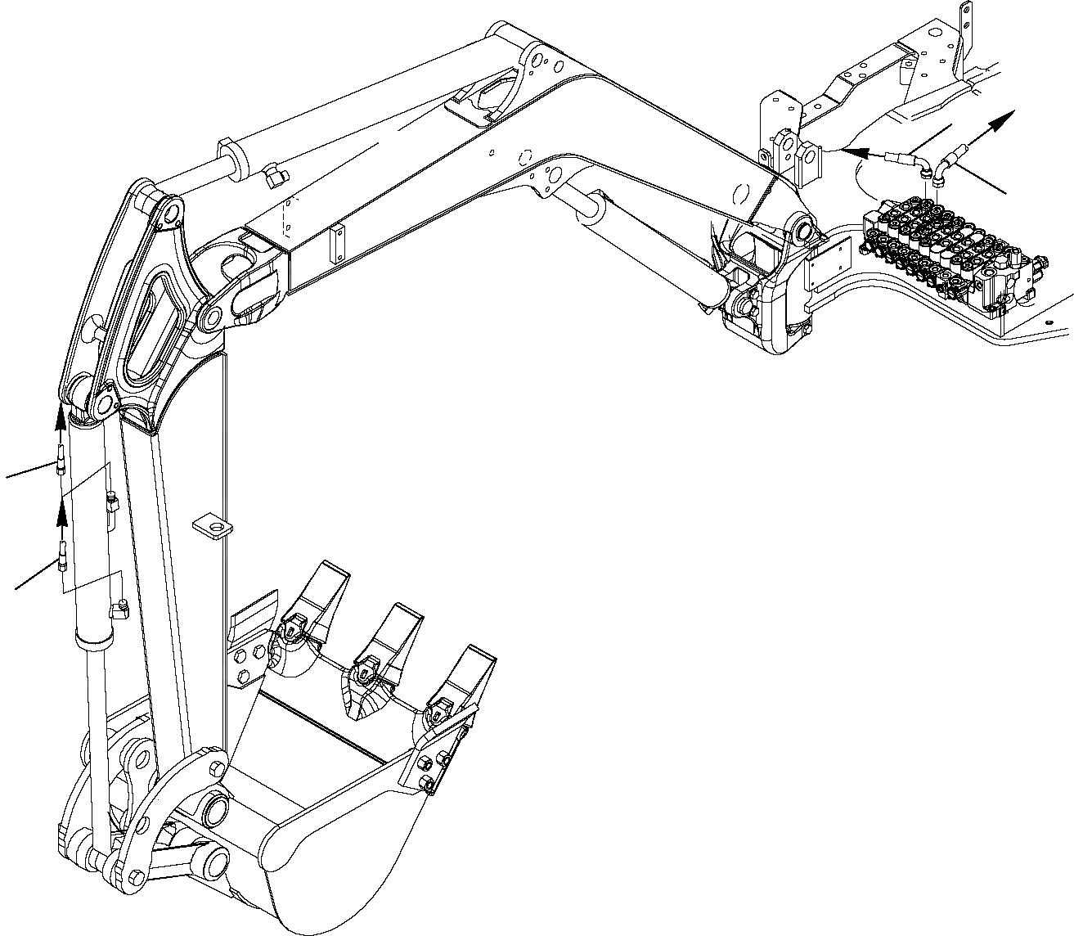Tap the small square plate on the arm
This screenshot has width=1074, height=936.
click(x=211, y=526)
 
